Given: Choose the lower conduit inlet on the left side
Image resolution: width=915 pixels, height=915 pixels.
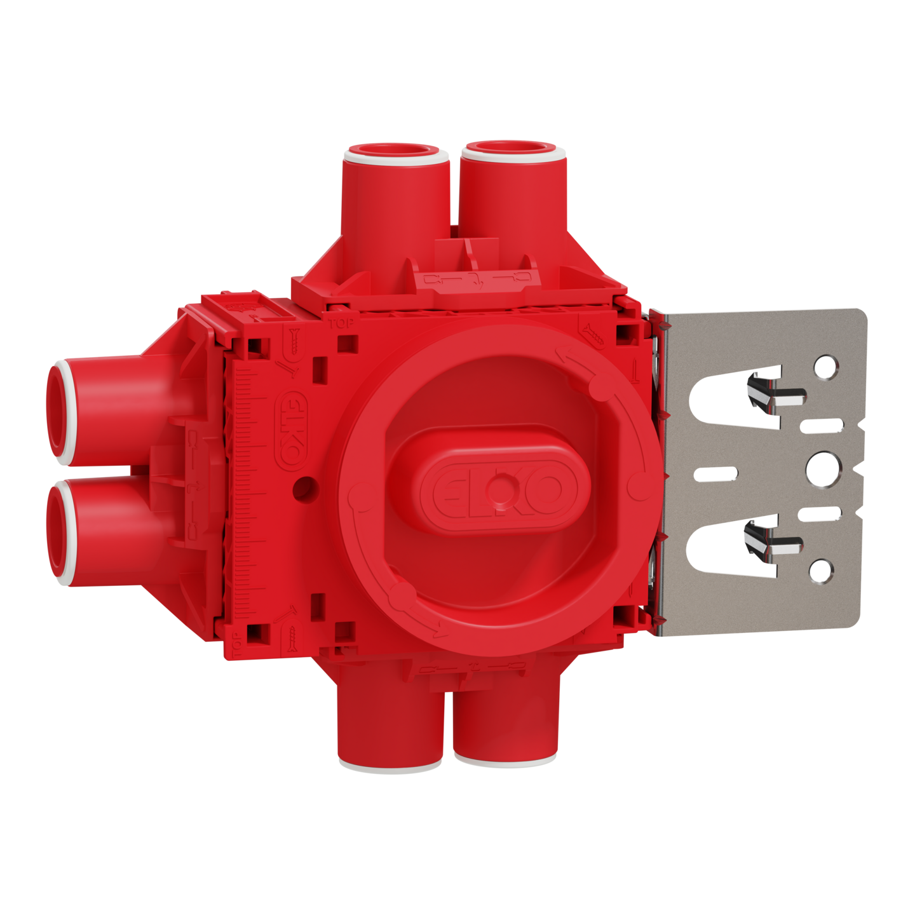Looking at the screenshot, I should [x=62, y=531].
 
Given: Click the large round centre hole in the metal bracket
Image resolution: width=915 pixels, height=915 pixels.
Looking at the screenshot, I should [x=824, y=468].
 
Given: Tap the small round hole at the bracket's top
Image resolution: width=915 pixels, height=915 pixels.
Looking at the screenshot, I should [x=825, y=367].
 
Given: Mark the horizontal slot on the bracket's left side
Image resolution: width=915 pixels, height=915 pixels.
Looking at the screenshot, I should [x=717, y=473].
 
